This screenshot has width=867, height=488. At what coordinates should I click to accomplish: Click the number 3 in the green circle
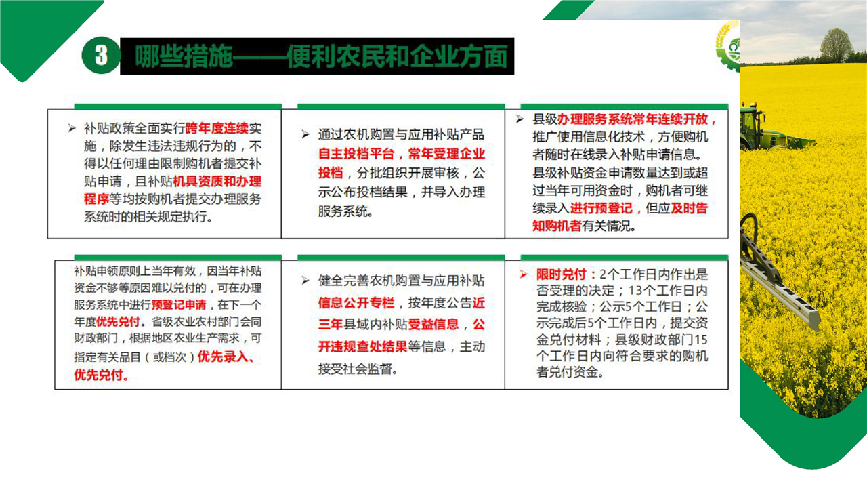pyautogui.click(x=101, y=56)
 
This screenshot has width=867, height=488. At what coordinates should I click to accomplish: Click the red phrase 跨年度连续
pyautogui.click(x=217, y=128)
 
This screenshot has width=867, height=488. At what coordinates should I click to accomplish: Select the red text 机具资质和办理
pyautogui.click(x=217, y=181)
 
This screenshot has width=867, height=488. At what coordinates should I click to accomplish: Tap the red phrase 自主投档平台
pyautogui.click(x=356, y=154)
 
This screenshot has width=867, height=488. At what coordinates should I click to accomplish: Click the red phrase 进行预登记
pyautogui.click(x=601, y=208)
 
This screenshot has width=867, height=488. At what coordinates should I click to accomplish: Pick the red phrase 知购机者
pyautogui.click(x=557, y=226)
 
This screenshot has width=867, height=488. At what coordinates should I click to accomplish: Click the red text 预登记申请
pyautogui.click(x=179, y=305)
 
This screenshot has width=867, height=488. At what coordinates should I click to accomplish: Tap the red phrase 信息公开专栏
pyautogui.click(x=356, y=302)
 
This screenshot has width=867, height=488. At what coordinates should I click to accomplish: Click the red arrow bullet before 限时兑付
pyautogui.click(x=524, y=274)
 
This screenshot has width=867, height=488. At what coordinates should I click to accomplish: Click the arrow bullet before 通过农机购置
pyautogui.click(x=305, y=134)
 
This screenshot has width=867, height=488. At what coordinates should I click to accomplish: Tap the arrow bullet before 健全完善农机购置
pyautogui.click(x=305, y=281)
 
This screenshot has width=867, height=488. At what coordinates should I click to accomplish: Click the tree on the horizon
pyautogui.click(x=836, y=45)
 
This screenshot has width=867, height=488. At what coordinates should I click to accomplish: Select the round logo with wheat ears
pyautogui.click(x=728, y=45)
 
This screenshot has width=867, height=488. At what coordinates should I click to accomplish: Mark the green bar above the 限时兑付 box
pyautogui.click(x=625, y=258)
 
